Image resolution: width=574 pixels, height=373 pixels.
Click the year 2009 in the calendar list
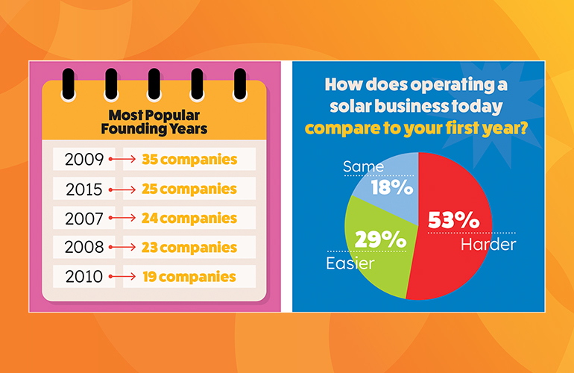point(84,160)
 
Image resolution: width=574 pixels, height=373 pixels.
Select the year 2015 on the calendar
point(83,189)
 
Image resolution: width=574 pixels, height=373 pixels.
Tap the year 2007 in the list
point(84,219)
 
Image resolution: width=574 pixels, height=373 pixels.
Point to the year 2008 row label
point(84,248)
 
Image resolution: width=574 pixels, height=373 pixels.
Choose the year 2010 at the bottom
point(84,277)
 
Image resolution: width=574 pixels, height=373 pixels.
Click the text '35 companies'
point(189,160)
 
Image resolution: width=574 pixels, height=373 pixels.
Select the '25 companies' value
point(189,189)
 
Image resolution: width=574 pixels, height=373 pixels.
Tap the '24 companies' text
point(189,219)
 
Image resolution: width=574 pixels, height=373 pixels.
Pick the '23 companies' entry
point(189,248)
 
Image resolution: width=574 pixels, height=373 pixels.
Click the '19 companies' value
point(189,277)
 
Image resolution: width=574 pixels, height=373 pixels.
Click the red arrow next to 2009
point(122,160)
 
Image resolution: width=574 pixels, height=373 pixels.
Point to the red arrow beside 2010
point(122,277)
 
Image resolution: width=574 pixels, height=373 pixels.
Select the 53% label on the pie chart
point(453,220)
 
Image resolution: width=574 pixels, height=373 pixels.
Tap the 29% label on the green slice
point(381,239)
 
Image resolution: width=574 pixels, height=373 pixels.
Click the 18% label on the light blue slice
point(392,186)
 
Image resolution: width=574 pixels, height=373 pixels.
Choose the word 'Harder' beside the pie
point(488,245)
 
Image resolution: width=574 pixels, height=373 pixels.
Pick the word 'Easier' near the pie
point(350,263)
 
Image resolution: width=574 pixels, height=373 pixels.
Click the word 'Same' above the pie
point(363,166)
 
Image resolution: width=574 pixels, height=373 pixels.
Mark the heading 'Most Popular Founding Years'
point(154,122)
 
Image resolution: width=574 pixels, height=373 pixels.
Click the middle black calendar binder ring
point(154,84)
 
